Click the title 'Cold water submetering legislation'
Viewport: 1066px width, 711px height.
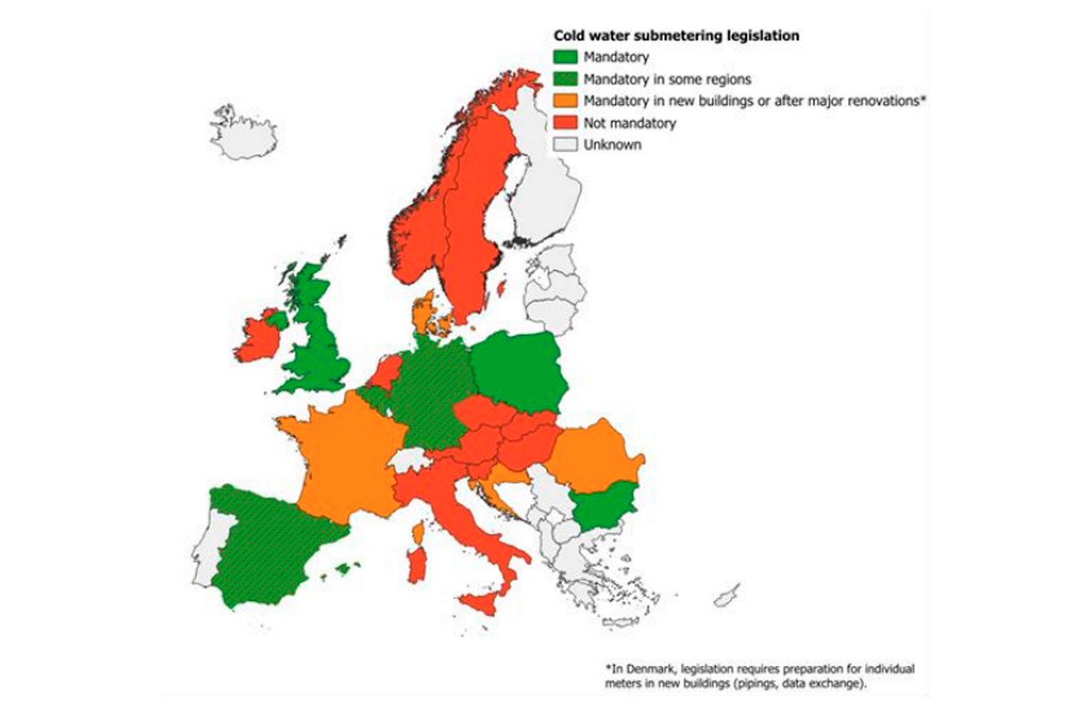click(x=676, y=36)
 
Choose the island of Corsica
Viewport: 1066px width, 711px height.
click(x=419, y=531)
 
